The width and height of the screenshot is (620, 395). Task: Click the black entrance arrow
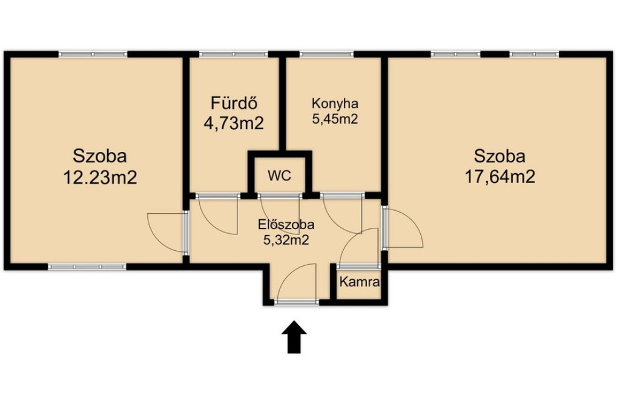(294, 336)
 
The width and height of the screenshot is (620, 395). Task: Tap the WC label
(280, 175)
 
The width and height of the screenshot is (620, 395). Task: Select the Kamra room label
(360, 282)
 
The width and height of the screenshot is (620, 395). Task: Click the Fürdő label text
(234, 103)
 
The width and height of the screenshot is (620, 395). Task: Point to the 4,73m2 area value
(234, 123)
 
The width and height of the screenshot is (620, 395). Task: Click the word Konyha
(335, 104)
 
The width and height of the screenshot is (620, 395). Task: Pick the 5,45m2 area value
(335, 119)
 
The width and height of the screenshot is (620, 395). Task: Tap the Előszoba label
(286, 224)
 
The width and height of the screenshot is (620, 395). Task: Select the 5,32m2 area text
(286, 239)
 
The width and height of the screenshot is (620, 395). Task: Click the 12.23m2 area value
(100, 177)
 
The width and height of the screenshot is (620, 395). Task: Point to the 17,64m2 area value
(500, 176)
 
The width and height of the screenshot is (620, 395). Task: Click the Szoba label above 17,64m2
(500, 156)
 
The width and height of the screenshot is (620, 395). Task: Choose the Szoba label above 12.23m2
(100, 156)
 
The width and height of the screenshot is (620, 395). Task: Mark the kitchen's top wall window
(326, 55)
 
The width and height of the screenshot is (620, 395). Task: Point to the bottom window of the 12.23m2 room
(87, 267)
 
